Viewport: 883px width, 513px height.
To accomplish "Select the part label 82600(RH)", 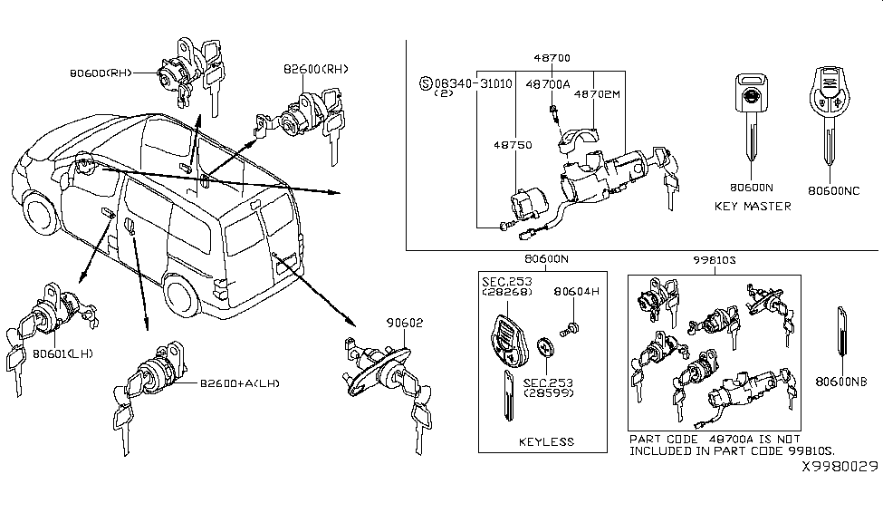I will (x=315, y=69).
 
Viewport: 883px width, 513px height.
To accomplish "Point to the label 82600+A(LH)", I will (x=240, y=383).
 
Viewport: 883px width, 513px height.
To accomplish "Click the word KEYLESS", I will (x=546, y=442).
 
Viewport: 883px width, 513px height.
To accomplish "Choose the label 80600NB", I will (x=845, y=382).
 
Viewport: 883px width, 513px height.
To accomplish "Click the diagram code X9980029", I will (x=839, y=466).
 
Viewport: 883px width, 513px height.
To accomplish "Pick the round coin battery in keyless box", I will (x=544, y=348).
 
